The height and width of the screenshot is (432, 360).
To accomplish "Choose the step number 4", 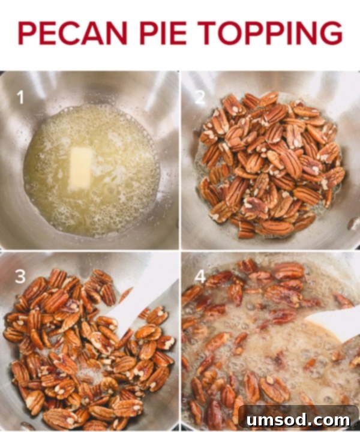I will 200,277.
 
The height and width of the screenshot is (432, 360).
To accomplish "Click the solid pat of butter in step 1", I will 80,169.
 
